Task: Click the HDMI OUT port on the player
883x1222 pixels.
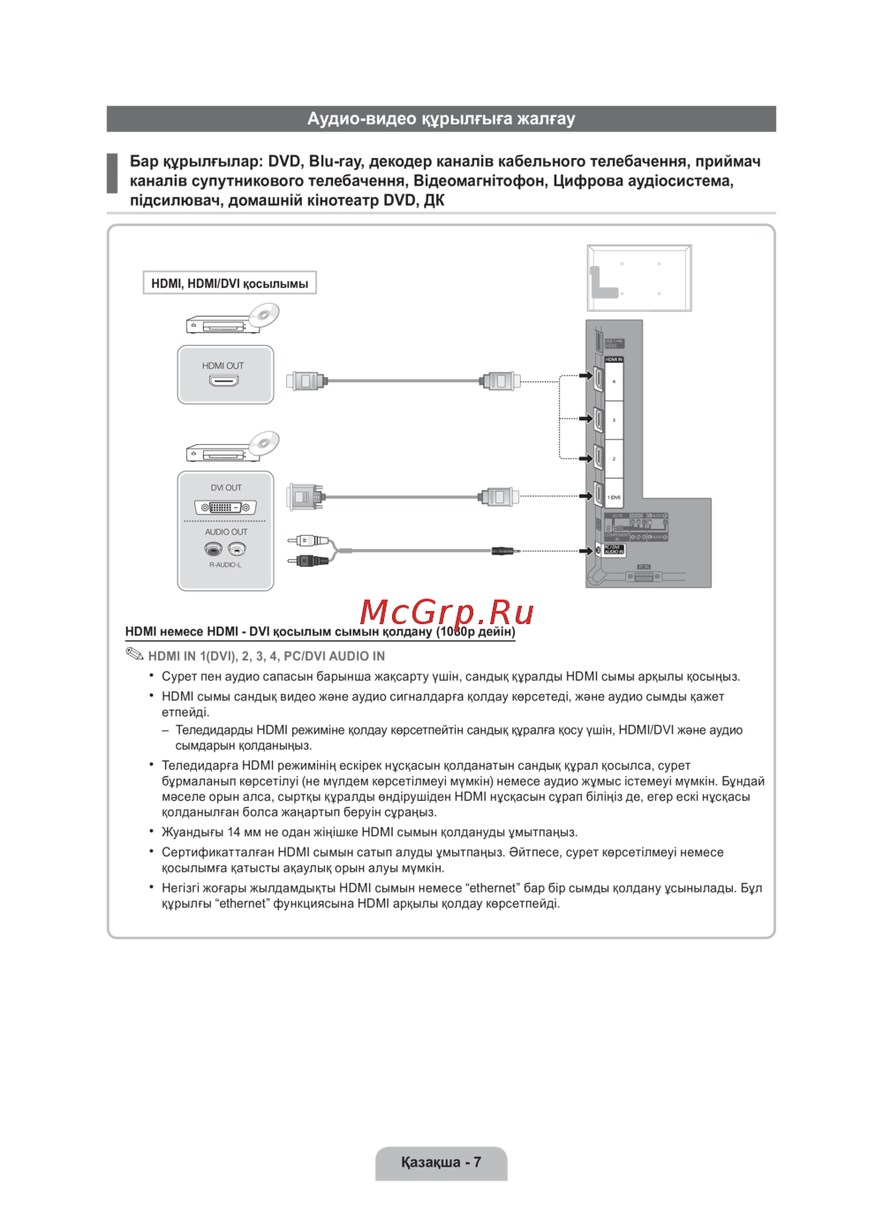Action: [223, 381]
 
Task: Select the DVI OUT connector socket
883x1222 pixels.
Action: [225, 508]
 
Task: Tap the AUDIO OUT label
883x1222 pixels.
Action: [226, 532]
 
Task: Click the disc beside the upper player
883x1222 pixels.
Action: [263, 315]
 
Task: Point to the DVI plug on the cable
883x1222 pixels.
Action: [305, 497]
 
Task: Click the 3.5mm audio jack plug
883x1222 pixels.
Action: [503, 551]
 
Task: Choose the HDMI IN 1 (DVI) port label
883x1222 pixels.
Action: [614, 497]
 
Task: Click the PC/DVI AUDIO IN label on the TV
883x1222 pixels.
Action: [614, 549]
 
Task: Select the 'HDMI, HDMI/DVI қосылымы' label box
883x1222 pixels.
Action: [230, 283]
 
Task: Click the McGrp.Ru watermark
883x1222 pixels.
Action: [447, 612]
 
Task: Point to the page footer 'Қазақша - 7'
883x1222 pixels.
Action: [441, 1162]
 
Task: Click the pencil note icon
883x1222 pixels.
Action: [134, 654]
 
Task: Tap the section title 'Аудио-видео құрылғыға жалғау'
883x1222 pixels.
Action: [441, 118]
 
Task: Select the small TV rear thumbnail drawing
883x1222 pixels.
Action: [639, 278]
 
